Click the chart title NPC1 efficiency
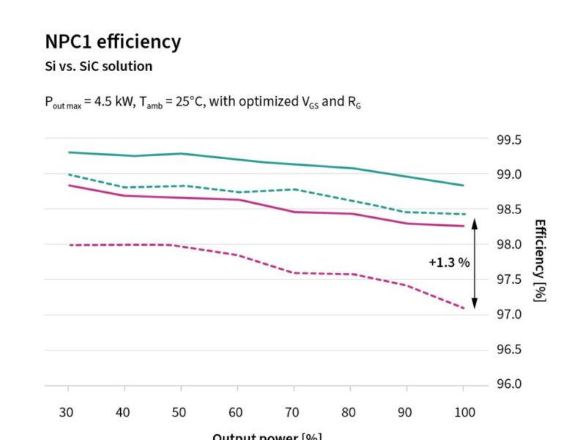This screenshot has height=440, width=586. (x=113, y=42)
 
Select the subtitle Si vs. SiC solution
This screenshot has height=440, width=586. (x=98, y=66)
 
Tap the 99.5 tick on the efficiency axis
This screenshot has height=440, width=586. (x=511, y=139)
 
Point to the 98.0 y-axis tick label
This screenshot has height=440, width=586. (x=511, y=244)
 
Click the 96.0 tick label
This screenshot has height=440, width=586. (x=511, y=384)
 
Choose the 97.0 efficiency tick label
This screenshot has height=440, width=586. (x=511, y=315)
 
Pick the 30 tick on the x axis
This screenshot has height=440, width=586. (x=67, y=412)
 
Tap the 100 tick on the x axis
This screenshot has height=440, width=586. (x=463, y=412)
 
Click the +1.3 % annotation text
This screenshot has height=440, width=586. (x=449, y=262)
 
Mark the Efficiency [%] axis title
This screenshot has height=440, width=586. (x=540, y=260)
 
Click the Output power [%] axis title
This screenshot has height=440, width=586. (x=267, y=436)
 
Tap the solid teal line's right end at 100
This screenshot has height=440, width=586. (x=463, y=185)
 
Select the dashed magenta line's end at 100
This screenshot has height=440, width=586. (x=463, y=308)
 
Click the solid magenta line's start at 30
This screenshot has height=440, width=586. (x=68, y=185)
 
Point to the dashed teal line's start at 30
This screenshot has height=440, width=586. (x=68, y=175)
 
